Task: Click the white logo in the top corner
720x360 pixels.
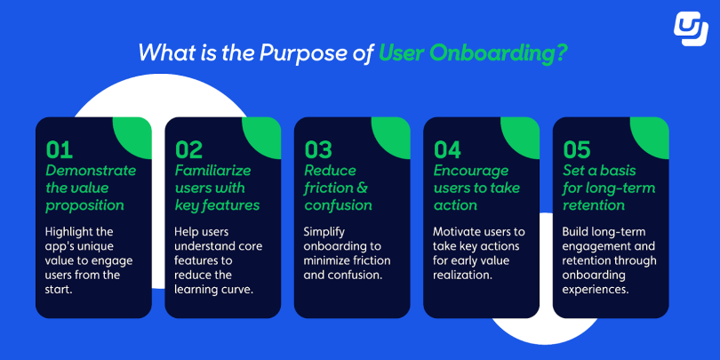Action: (691, 28)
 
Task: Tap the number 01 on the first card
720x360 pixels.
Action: (60, 150)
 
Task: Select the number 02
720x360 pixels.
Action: (188, 150)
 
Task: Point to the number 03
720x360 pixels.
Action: (318, 150)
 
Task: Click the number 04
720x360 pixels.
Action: (448, 150)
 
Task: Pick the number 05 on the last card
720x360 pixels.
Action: (577, 150)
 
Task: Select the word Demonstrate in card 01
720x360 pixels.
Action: (92, 171)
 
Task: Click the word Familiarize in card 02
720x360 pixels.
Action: (213, 171)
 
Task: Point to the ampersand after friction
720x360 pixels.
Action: (363, 188)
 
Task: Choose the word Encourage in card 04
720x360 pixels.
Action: (471, 172)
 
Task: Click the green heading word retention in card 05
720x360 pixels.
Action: (594, 205)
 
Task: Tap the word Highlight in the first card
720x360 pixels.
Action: (67, 232)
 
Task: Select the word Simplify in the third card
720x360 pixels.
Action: (324, 232)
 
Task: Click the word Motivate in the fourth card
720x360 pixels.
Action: (454, 232)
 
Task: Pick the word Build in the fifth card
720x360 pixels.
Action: (574, 232)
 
